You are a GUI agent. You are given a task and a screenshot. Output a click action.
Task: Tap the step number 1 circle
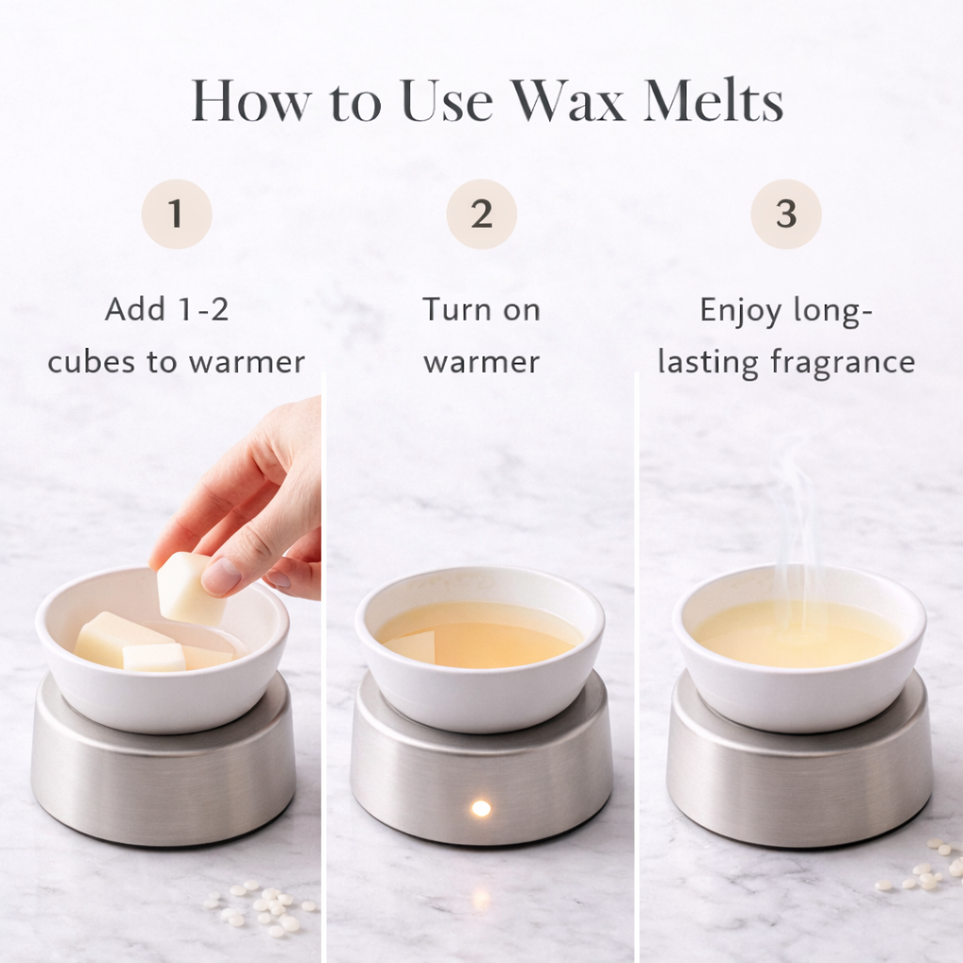click(x=176, y=214)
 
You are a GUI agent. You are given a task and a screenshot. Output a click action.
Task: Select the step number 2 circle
click(x=481, y=214)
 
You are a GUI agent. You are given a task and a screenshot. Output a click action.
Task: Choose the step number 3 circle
click(x=785, y=214)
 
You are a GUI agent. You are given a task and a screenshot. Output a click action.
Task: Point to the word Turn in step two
click(x=454, y=309)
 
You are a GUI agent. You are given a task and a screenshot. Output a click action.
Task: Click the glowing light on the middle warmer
click(x=481, y=808)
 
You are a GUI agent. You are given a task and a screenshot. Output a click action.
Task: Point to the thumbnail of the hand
click(x=222, y=576)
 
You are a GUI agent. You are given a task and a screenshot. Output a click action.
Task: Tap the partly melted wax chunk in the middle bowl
click(x=411, y=647)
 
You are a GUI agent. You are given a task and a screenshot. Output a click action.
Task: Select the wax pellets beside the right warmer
click(x=922, y=870)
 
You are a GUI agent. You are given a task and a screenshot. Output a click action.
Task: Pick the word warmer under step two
click(x=481, y=362)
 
